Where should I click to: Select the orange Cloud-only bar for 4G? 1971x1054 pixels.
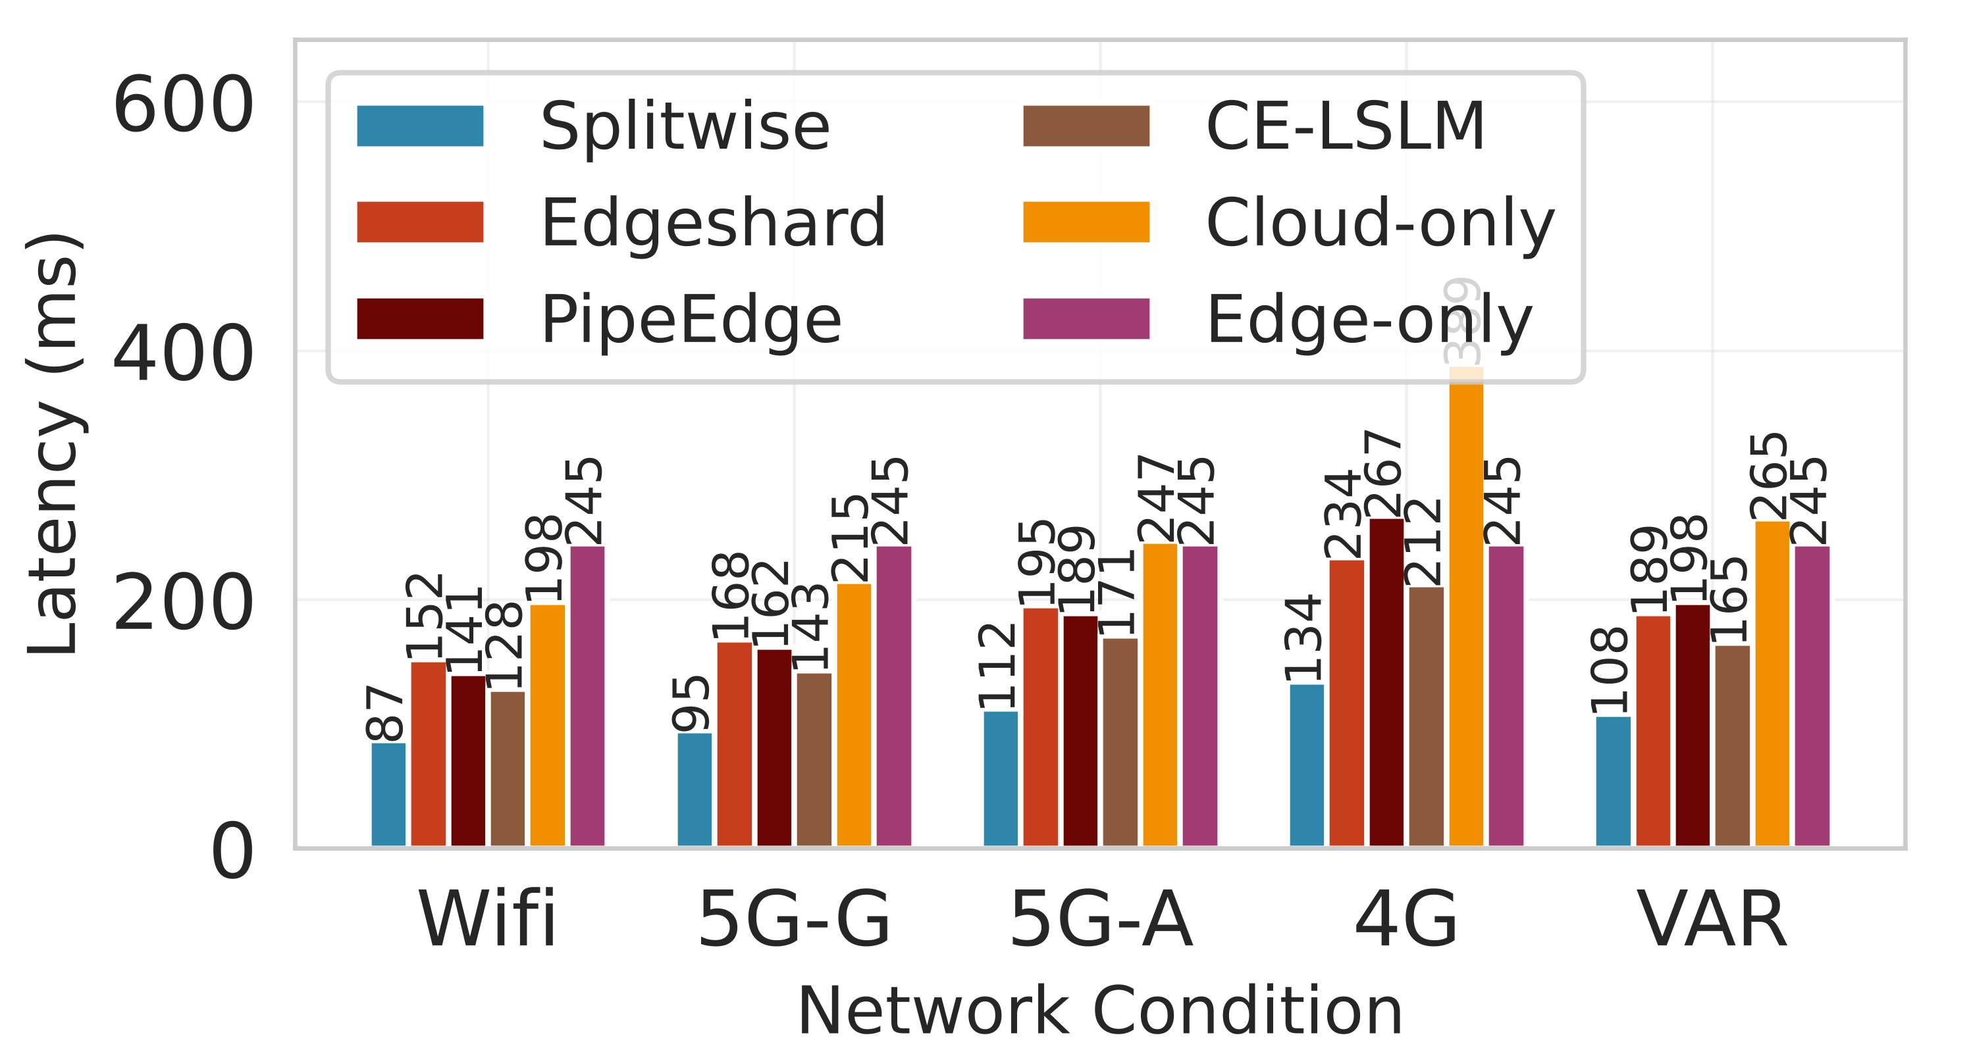coord(1466,612)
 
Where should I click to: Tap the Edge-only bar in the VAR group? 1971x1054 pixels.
coord(1812,696)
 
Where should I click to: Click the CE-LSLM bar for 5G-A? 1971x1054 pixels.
coord(1120,742)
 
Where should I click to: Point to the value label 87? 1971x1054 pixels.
coord(385,713)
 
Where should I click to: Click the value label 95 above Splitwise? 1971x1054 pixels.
coord(692,703)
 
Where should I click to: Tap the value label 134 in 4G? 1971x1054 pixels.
coord(1303,639)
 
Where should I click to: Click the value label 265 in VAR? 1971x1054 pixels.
coord(1769,476)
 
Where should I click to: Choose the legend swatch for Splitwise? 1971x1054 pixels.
coord(420,126)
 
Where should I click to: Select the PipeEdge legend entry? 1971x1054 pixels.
coord(690,319)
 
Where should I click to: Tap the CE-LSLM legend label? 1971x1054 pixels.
coord(1344,126)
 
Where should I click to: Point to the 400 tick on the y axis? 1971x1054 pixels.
coord(183,353)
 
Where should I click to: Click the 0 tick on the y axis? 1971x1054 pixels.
coord(231,852)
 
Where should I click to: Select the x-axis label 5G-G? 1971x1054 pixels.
coord(794,920)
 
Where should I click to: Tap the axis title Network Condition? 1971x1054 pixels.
coord(1099,1011)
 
